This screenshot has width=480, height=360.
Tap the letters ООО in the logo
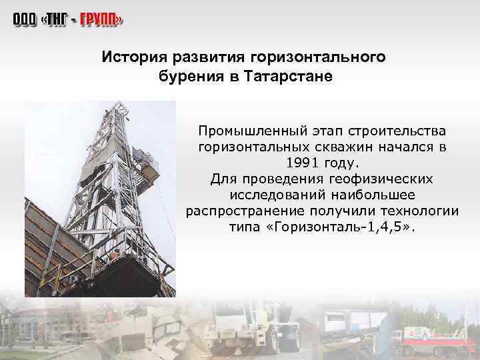point(23,21)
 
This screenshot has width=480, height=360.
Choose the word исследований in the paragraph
point(277,195)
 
